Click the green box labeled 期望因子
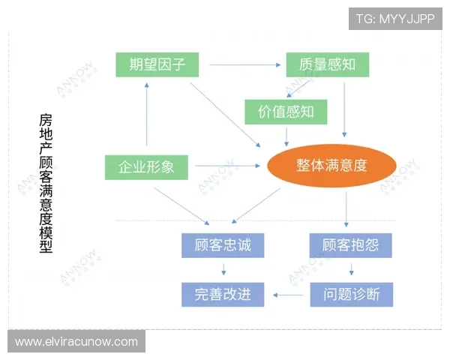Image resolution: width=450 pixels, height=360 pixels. (x=157, y=64)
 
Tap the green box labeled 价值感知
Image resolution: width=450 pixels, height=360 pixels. (x=286, y=112)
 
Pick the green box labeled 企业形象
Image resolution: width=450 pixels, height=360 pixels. (x=146, y=166)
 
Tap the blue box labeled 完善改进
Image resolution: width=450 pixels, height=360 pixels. (x=223, y=294)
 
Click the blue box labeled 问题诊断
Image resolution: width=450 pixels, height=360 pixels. (x=350, y=294)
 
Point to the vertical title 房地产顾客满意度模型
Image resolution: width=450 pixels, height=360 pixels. (x=46, y=184)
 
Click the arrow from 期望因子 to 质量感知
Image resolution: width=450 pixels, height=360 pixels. (x=240, y=64)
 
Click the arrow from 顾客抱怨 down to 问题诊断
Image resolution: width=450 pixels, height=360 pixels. (x=350, y=270)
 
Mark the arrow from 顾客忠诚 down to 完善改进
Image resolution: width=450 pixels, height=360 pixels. (x=223, y=270)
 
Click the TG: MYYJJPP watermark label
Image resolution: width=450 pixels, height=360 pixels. (x=395, y=18)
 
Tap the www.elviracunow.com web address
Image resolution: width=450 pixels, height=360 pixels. (x=76, y=342)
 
